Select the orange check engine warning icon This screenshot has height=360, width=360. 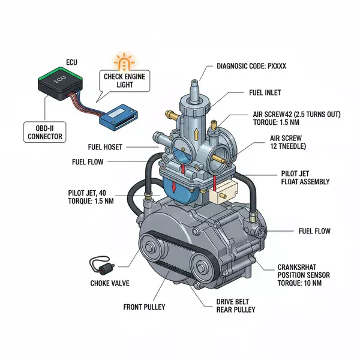(125, 62)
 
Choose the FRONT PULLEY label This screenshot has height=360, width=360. (143, 307)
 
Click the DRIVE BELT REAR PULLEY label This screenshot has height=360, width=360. (235, 305)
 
